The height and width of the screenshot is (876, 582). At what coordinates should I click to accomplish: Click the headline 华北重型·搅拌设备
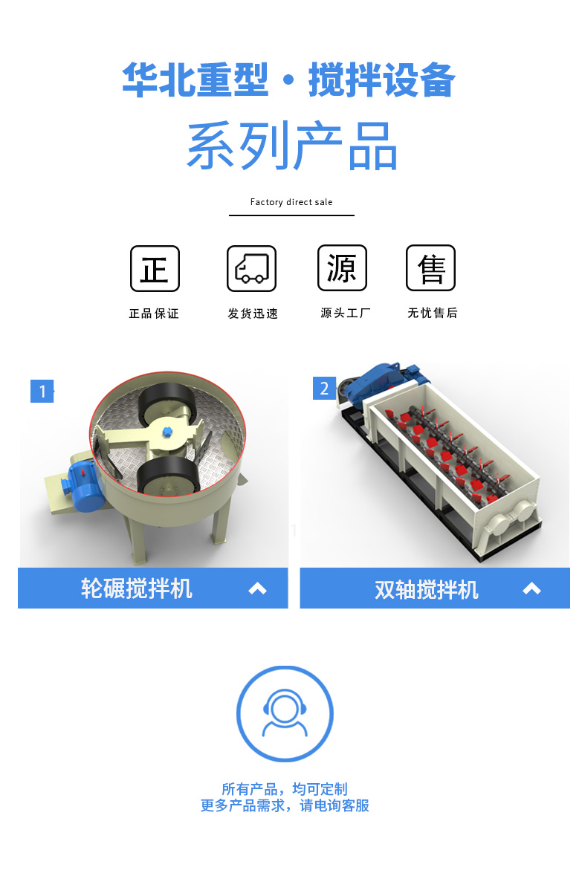pos(288,80)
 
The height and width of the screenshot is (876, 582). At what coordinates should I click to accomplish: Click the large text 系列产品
pos(292,145)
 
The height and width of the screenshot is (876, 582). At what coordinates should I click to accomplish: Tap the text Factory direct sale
pos(291,201)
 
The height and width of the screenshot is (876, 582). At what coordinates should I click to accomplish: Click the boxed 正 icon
pos(155,269)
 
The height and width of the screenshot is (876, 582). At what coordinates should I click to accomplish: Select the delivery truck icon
pos(251,269)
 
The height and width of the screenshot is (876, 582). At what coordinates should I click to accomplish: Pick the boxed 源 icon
pos(342,268)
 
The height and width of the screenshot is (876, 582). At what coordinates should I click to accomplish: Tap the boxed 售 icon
pos(430,268)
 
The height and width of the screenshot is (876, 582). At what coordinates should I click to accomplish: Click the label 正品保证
pos(155,314)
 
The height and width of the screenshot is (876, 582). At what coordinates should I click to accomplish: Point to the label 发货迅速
pos(253,314)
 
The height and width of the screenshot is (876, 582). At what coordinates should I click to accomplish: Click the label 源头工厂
pos(346,313)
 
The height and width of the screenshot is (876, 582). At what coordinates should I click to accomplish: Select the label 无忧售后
pos(432,313)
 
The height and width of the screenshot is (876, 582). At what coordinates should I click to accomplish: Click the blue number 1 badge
pos(42,391)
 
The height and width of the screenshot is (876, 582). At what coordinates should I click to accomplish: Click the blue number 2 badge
pos(324,388)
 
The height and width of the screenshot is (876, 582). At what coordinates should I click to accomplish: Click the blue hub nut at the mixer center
pos(167,432)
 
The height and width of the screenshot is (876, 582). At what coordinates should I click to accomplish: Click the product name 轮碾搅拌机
pos(137,588)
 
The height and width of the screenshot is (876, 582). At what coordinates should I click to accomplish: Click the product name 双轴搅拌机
pos(427,589)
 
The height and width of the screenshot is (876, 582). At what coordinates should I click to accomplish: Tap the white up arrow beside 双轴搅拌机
pos(531,588)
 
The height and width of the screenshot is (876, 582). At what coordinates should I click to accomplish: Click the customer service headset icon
pos(285,713)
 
